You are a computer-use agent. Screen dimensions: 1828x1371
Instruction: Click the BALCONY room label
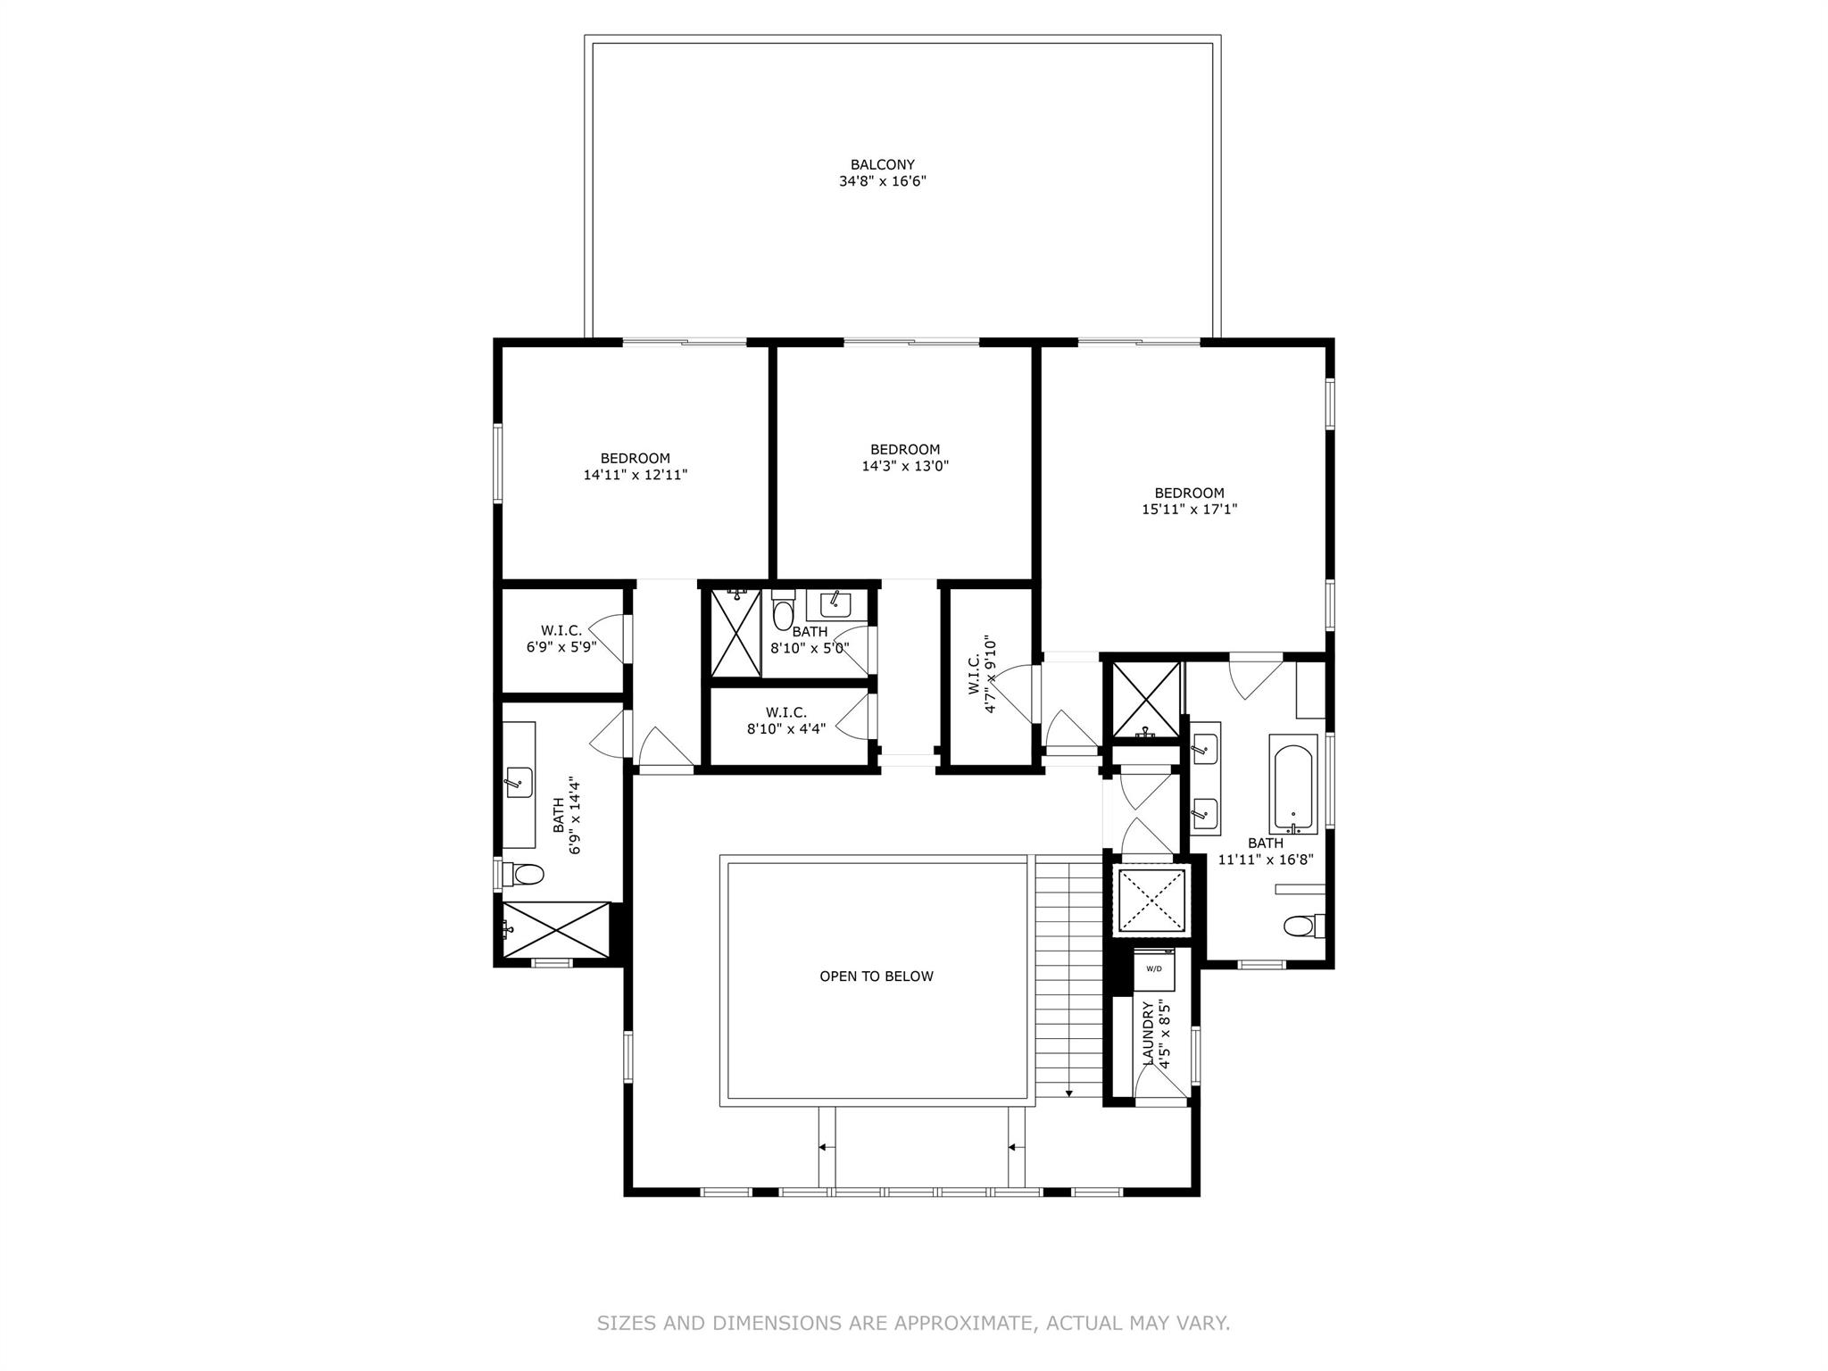[x=882, y=165]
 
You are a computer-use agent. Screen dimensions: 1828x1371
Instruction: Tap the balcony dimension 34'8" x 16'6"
[x=882, y=181]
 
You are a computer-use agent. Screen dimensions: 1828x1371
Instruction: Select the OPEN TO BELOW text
[x=877, y=976]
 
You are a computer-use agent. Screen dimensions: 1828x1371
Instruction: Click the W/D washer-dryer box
[x=1154, y=969]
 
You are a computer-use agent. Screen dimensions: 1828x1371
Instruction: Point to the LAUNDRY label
[x=1149, y=1033]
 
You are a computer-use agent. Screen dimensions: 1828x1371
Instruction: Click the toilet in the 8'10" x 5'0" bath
[x=784, y=611]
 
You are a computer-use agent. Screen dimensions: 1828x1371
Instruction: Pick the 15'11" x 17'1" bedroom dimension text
[x=1190, y=510]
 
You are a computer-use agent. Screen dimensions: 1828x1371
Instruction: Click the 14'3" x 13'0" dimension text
[x=905, y=466]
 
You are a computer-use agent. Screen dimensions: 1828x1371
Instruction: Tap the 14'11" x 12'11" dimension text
[x=636, y=475]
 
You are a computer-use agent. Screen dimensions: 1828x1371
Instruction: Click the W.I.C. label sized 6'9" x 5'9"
[x=561, y=631]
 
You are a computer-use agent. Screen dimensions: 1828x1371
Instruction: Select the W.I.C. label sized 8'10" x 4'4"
[x=786, y=712]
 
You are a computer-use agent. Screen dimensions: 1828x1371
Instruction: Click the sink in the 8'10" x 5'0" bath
[x=836, y=604]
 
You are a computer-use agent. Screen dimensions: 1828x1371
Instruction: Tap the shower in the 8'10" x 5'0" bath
[x=735, y=632]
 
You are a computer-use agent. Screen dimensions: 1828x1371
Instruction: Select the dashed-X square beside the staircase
[x=1151, y=901]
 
